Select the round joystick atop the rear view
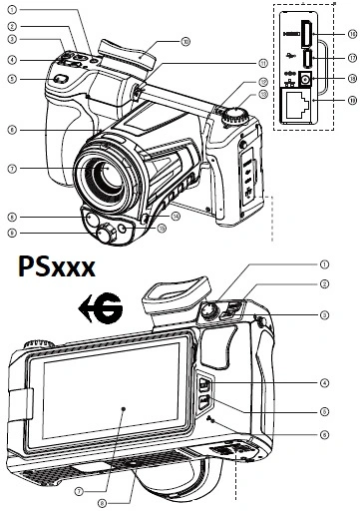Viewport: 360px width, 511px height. click(211, 313)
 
